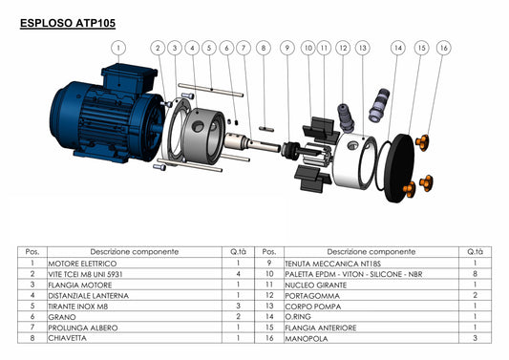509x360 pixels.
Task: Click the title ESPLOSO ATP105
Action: tap(68, 23)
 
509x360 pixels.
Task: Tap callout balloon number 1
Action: tap(118, 48)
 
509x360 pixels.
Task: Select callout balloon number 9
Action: tap(286, 48)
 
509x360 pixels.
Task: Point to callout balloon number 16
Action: tap(443, 48)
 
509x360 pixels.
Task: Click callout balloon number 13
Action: tap(362, 48)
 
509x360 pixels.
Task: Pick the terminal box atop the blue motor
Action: tap(129, 78)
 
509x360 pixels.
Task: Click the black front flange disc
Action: tap(400, 168)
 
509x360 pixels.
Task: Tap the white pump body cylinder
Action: tap(354, 160)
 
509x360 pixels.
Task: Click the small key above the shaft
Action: tap(266, 129)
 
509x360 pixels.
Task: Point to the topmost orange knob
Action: tap(422, 142)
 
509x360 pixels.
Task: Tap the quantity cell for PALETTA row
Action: tap(475, 274)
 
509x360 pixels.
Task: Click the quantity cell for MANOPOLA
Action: tap(475, 338)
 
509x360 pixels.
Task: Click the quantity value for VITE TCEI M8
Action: tap(238, 274)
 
